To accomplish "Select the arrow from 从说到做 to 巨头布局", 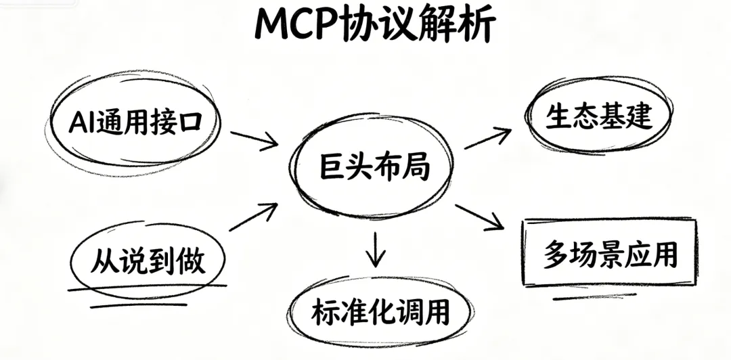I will (253, 217).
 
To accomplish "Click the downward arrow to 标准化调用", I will (375, 248).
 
